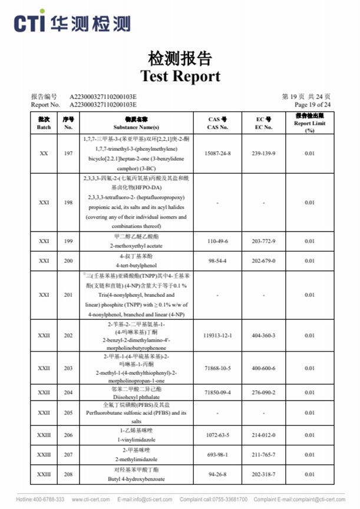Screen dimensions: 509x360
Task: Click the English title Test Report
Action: [x=180, y=76]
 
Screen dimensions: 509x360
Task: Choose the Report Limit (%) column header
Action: [x=309, y=123]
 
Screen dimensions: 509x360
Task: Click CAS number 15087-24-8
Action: [x=217, y=153]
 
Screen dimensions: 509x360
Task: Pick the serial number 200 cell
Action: [x=68, y=260]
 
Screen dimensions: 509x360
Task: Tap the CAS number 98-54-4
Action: [x=217, y=260]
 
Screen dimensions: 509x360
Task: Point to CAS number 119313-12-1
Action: [x=217, y=336]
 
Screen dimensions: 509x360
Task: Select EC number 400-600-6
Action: [x=263, y=368]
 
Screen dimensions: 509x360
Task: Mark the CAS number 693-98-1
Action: [x=217, y=455]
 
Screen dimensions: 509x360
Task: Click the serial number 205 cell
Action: [x=68, y=413]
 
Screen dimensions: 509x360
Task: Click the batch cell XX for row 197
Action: [x=44, y=153]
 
